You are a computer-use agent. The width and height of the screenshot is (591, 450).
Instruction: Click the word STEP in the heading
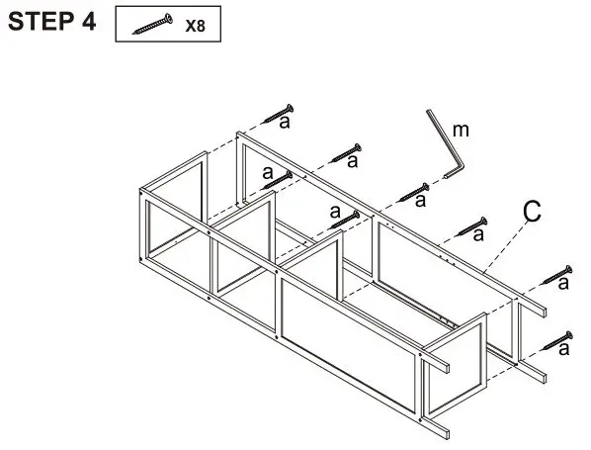[40, 22]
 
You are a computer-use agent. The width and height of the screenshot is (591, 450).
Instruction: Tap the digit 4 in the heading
[89, 22]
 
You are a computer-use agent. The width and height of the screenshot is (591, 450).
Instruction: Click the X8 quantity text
[196, 26]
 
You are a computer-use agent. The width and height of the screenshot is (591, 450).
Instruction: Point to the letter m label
[460, 130]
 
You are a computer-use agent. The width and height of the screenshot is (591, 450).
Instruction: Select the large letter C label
[532, 211]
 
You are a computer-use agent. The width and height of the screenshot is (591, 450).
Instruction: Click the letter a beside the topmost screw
[285, 122]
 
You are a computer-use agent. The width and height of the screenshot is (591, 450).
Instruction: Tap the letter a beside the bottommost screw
[563, 349]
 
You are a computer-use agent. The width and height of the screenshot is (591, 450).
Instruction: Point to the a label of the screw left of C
[479, 234]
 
